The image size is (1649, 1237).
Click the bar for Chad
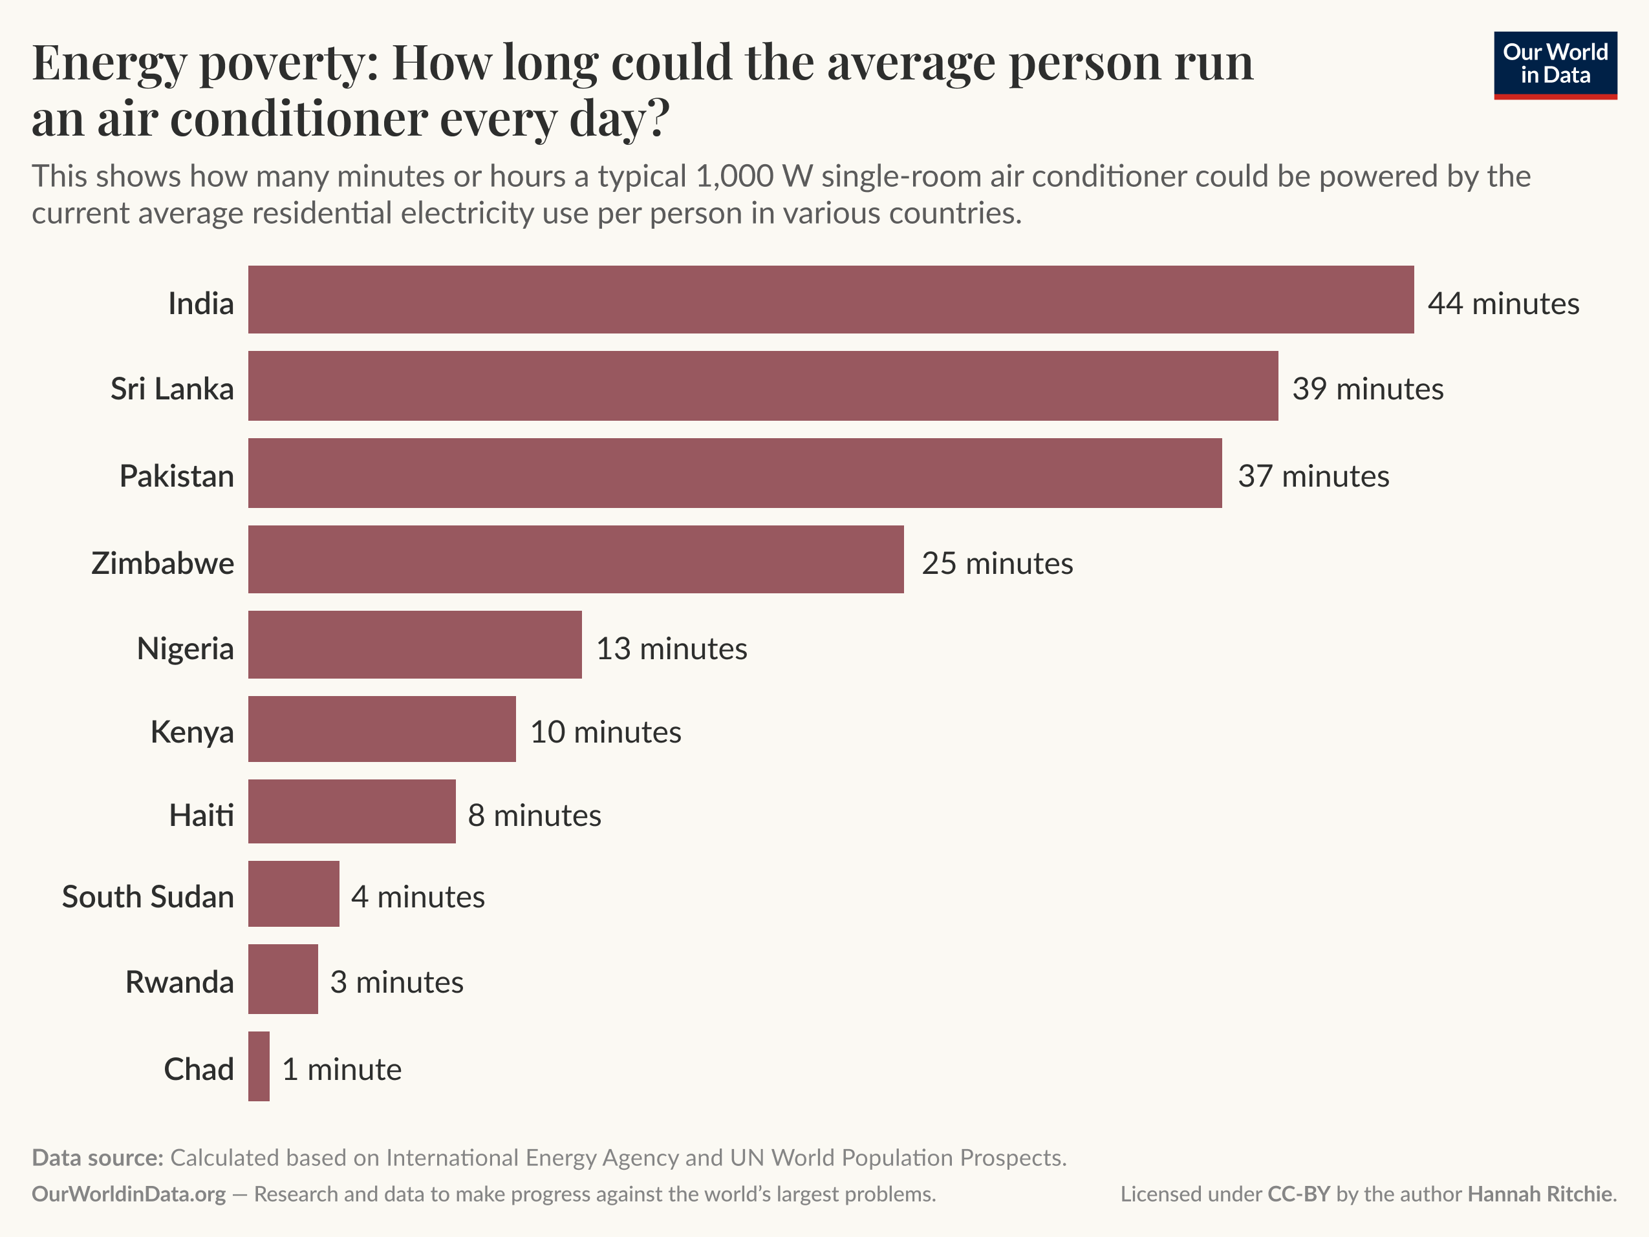coord(259,1066)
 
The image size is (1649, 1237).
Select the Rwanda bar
coord(283,979)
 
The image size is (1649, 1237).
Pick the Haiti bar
coord(352,812)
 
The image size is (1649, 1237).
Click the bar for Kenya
coord(382,729)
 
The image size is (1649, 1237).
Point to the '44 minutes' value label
coord(1503,303)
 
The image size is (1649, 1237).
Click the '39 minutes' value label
coord(1367,389)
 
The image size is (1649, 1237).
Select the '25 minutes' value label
coord(997,564)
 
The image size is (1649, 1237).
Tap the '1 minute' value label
coord(341,1070)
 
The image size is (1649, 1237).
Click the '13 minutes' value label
coord(671,648)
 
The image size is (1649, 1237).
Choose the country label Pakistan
coord(177,476)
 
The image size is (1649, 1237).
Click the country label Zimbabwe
coord(162,564)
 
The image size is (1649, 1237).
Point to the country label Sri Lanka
coord(172,389)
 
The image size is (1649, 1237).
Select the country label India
coord(200,303)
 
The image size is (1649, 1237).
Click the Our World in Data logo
coord(1555,65)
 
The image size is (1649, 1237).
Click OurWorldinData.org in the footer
coord(128,1194)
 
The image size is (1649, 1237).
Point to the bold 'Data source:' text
coord(97,1158)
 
